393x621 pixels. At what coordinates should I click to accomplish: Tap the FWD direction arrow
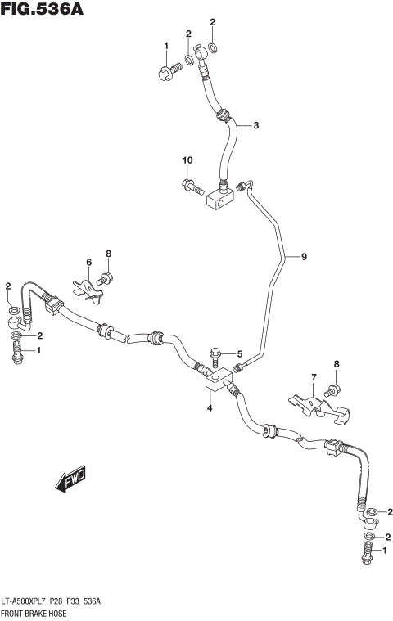click(x=71, y=480)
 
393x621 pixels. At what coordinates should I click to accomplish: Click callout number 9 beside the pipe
click(x=304, y=258)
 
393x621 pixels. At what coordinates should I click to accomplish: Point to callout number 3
click(x=255, y=125)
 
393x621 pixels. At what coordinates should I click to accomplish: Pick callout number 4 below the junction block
click(x=210, y=406)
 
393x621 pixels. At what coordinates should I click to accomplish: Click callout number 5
click(x=240, y=353)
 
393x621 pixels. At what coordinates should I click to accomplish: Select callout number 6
click(x=89, y=262)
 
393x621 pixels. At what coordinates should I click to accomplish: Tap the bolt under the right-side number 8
click(x=333, y=389)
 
